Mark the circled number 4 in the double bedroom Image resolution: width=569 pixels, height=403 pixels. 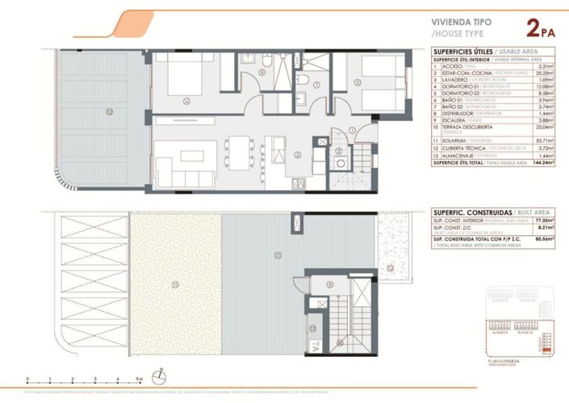(x=186, y=101)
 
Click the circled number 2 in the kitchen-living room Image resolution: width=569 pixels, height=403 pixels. (x=297, y=154)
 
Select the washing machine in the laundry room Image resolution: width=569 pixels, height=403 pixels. (x=341, y=162)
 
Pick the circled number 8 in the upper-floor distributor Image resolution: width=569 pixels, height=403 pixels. (x=329, y=284)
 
